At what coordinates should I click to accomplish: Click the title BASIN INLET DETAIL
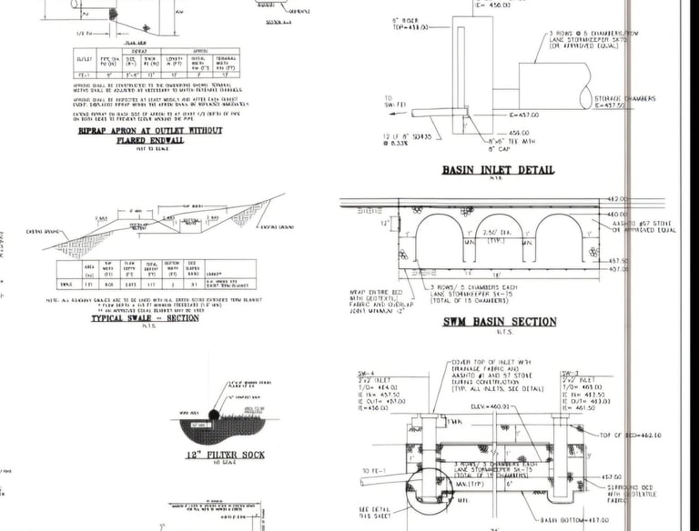[497, 170]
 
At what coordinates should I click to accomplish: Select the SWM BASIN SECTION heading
[499, 322]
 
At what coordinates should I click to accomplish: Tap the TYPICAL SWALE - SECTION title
[145, 319]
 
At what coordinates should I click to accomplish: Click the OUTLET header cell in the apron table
[85, 57]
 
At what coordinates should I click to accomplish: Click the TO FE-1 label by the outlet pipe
[370, 470]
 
